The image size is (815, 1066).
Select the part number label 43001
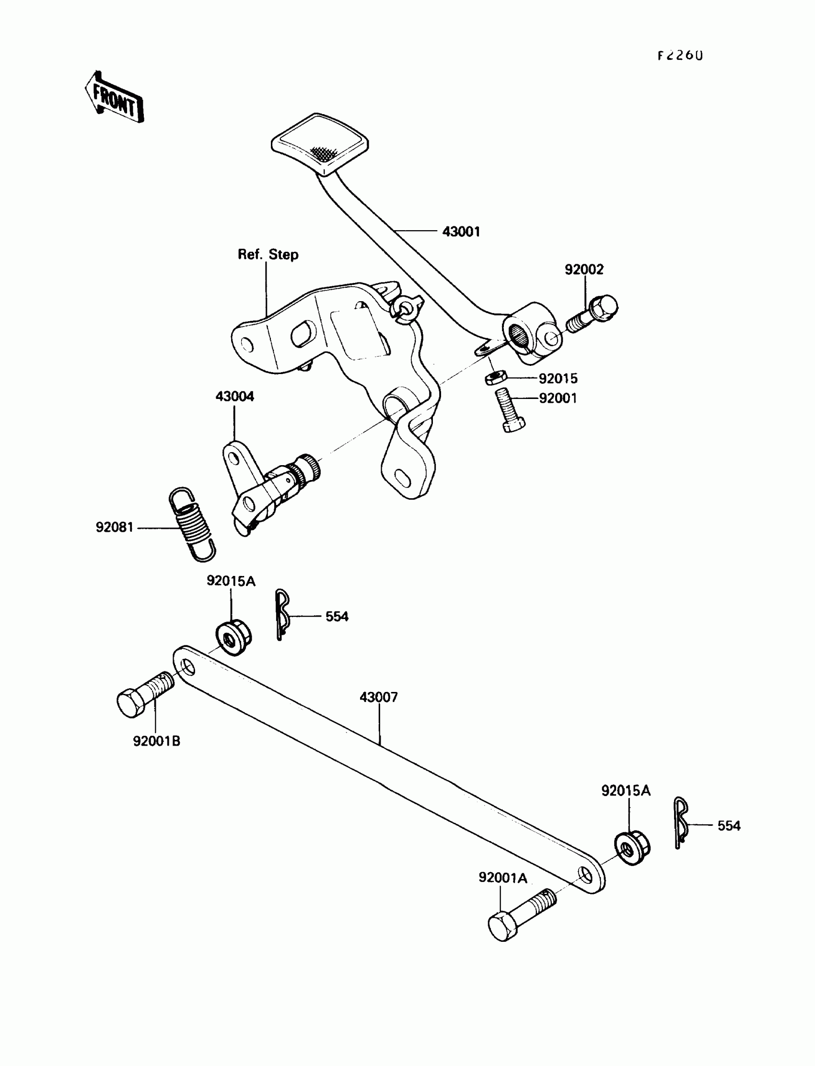461,232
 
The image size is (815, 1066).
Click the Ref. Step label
268,255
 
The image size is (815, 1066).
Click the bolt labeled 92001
509,410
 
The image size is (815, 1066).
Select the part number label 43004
235,397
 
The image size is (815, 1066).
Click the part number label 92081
115,527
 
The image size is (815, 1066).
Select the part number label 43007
378,697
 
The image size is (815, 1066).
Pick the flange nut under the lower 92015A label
632,847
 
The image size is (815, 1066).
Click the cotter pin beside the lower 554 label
680,823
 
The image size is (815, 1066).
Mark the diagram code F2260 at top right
680,56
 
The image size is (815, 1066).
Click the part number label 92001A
502,878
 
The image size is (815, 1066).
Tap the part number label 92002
583,269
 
